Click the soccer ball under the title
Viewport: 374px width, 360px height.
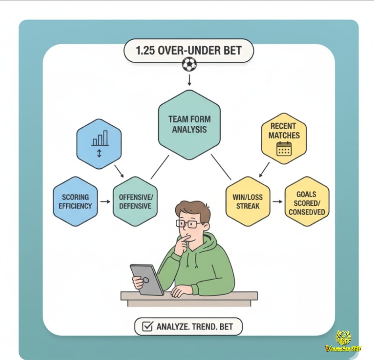189,65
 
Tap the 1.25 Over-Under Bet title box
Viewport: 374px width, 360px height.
189,51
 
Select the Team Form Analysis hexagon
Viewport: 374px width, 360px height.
189,124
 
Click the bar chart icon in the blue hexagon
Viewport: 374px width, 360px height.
100,138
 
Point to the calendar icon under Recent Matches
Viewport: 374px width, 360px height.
284,149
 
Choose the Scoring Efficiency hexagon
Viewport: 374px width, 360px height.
75,202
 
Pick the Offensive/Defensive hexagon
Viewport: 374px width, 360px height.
135,202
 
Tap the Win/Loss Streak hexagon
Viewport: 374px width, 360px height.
248,202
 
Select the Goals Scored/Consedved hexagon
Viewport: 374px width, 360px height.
307,202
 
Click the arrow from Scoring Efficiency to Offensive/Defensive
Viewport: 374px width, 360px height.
105,202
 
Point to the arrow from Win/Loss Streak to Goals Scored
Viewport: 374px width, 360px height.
277,202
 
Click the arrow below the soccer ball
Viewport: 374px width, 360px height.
189,80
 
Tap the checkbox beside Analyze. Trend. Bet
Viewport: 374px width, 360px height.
147,326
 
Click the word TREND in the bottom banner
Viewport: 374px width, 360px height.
203,327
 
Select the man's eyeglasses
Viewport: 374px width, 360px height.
189,224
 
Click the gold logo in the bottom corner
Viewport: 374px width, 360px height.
344,341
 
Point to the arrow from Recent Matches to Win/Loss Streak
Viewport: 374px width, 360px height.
264,170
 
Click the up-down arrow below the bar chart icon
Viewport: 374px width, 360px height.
100,153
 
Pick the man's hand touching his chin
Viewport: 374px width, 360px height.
182,243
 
